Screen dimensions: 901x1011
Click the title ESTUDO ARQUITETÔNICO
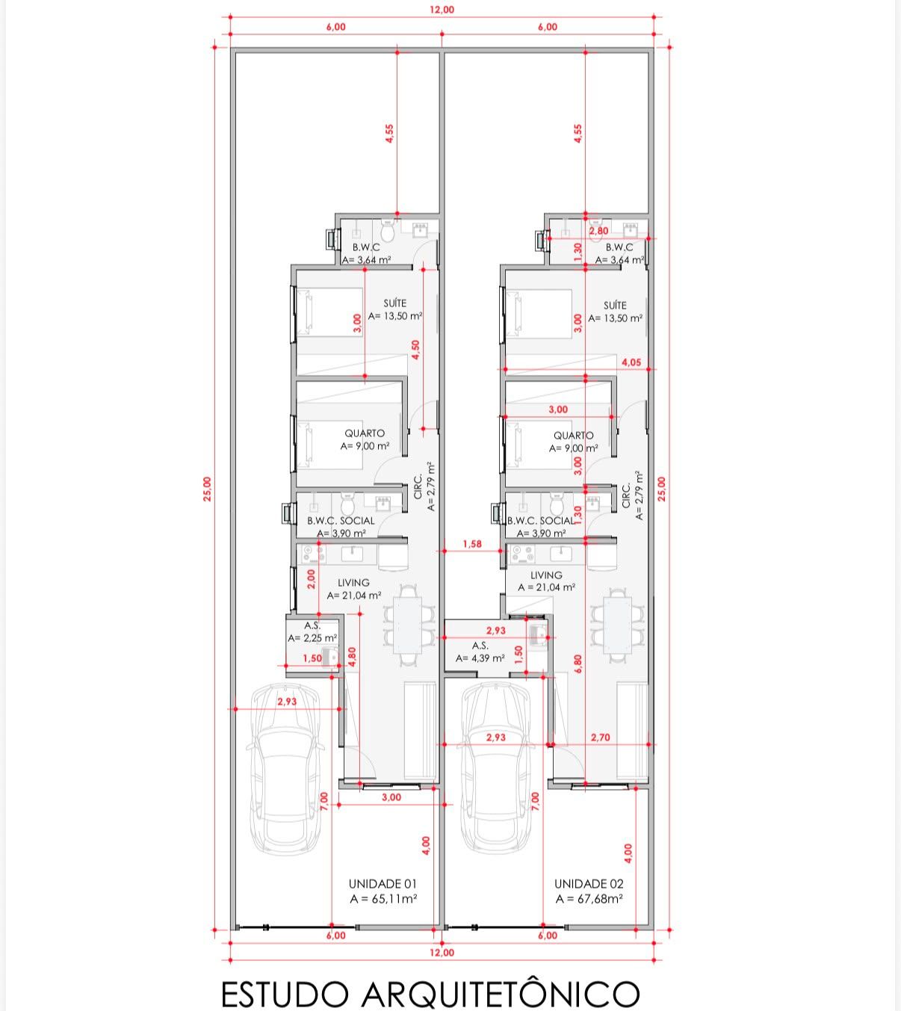[430, 993]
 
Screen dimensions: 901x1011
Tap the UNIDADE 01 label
[383, 884]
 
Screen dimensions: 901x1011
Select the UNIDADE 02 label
[589, 884]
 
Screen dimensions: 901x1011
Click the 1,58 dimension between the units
[472, 543]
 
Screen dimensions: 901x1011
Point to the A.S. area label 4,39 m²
[480, 658]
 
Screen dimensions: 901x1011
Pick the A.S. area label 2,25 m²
[312, 637]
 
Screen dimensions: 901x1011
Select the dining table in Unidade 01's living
[409, 625]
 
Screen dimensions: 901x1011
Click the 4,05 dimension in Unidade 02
[631, 362]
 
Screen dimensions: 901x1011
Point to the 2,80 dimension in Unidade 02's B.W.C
[598, 231]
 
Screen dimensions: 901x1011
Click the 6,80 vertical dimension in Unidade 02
[578, 664]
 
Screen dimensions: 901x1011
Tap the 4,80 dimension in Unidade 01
[352, 657]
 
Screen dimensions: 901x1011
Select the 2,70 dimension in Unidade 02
[600, 737]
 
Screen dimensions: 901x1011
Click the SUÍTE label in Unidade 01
[394, 303]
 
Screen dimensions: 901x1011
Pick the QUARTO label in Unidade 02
[573, 435]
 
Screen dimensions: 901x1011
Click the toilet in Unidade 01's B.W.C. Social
[347, 503]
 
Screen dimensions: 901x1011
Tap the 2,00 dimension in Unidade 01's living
[312, 579]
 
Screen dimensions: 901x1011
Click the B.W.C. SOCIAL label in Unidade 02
[541, 521]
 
